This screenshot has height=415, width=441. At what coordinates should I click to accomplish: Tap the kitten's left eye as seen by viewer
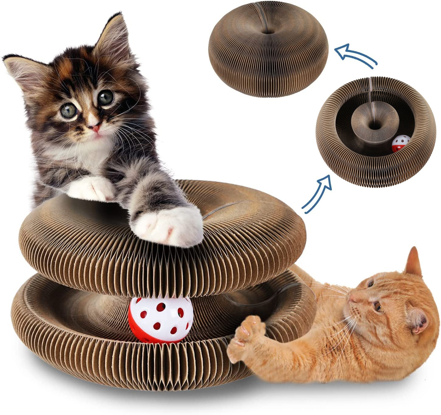click(x=69, y=111)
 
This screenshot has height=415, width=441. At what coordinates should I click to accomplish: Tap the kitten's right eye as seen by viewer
click(x=106, y=97)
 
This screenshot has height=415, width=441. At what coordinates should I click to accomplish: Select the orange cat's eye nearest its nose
click(x=377, y=307)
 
